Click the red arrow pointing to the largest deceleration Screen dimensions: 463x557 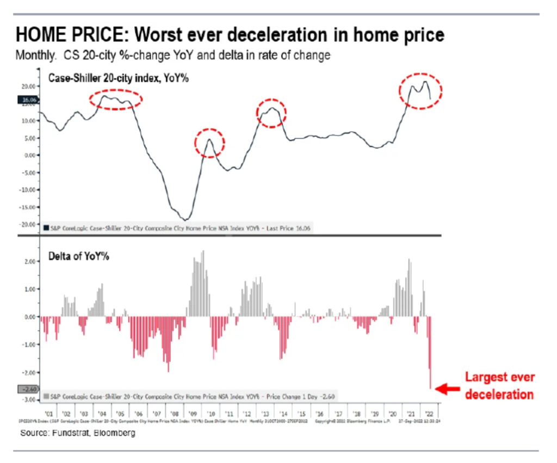pos(448,388)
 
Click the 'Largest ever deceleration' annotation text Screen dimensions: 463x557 pos(499,386)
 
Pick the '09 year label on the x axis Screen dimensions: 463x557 pos(194,413)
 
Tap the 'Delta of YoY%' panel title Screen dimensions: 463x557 pos(79,256)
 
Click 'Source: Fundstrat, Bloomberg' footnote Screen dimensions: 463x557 pos(78,434)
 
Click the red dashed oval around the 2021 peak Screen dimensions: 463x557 pos(420,91)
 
